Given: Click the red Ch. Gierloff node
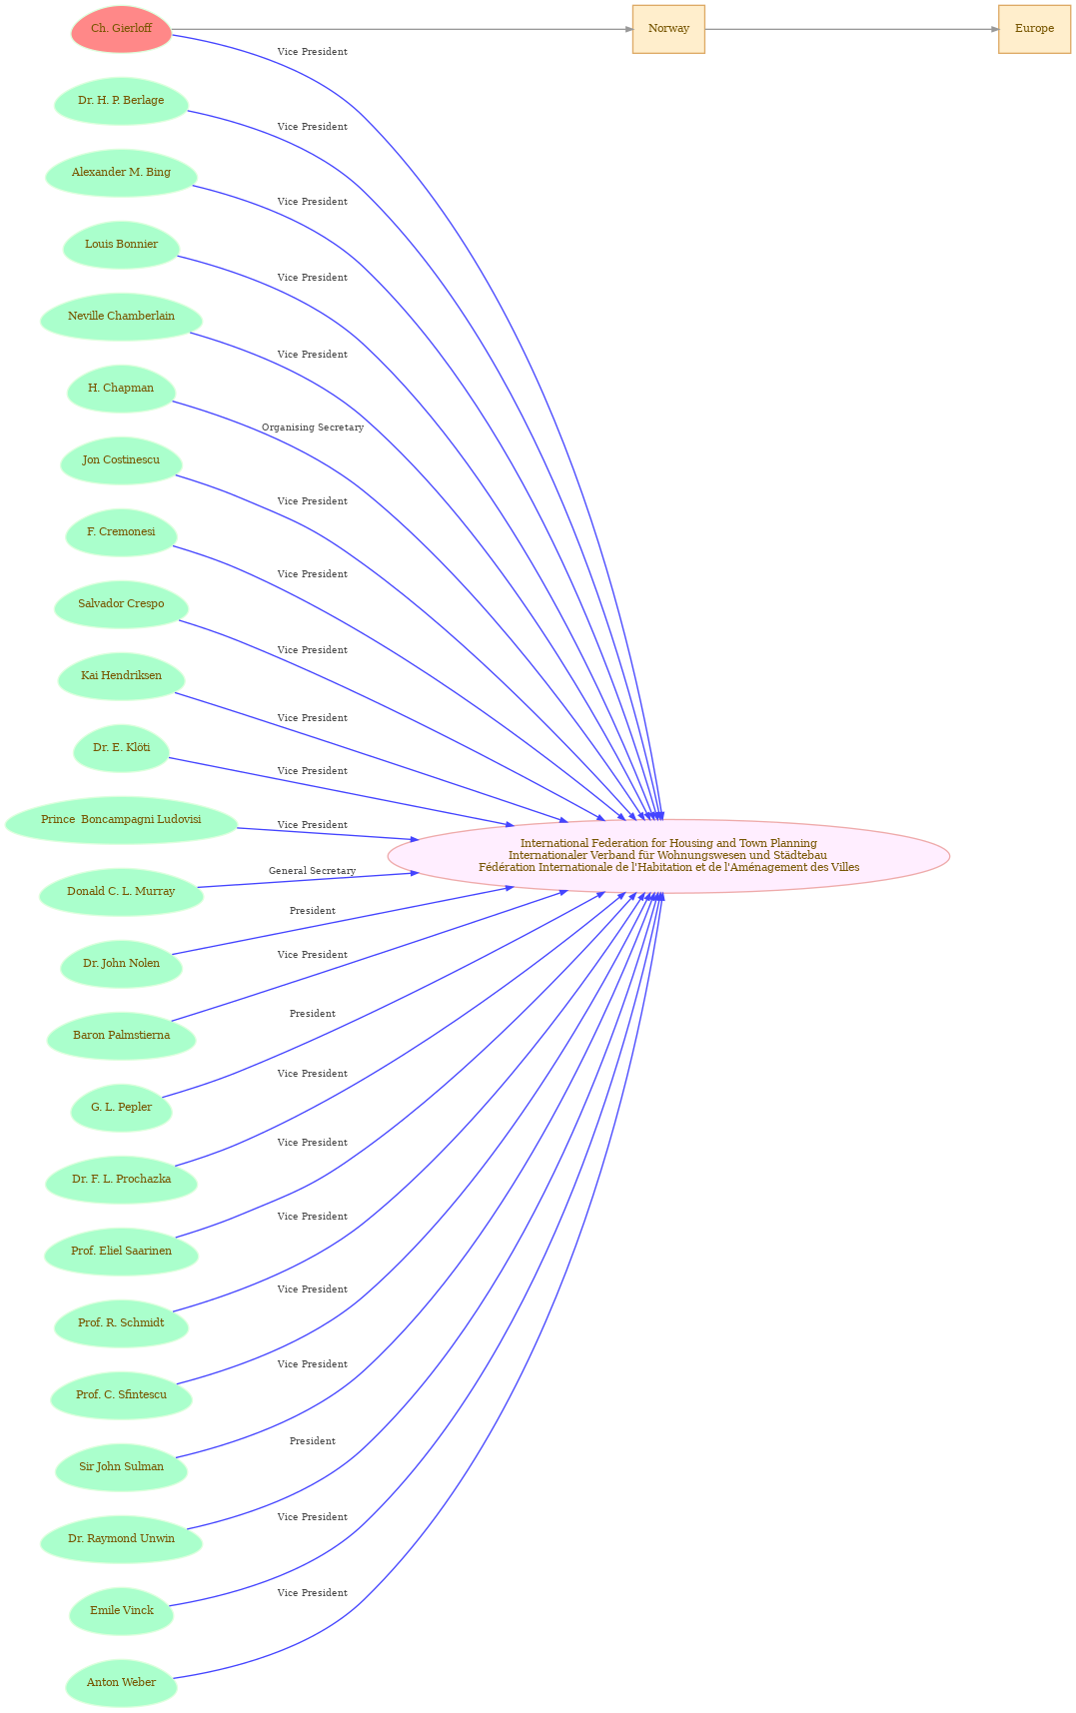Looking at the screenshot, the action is (x=121, y=29).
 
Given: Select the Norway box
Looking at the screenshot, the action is (x=668, y=29).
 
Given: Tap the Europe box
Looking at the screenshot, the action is (x=1034, y=29).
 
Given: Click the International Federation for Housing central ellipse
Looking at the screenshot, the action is (x=668, y=856).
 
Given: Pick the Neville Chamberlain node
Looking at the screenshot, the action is (x=121, y=317).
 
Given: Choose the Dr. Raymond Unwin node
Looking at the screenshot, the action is (x=121, y=1539).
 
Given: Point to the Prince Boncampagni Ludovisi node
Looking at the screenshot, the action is (x=121, y=820).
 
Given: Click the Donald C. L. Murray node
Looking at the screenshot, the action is (x=121, y=892).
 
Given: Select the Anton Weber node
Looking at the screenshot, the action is (x=121, y=1683).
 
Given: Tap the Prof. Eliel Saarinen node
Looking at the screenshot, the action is (x=121, y=1252).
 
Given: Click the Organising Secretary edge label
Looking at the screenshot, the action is (x=313, y=428).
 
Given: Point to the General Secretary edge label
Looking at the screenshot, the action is (x=313, y=871).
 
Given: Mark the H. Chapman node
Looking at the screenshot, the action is (x=121, y=389).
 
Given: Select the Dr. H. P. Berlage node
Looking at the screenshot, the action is (x=121, y=101).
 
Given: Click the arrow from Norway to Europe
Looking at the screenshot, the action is (x=851, y=29).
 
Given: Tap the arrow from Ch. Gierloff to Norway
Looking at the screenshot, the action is (x=402, y=29).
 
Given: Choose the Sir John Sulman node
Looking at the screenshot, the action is (x=121, y=1467).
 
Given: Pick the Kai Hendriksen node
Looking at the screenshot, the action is (x=121, y=676).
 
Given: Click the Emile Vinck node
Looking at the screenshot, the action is (x=121, y=1611).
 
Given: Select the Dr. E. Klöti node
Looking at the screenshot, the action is (x=121, y=748).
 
